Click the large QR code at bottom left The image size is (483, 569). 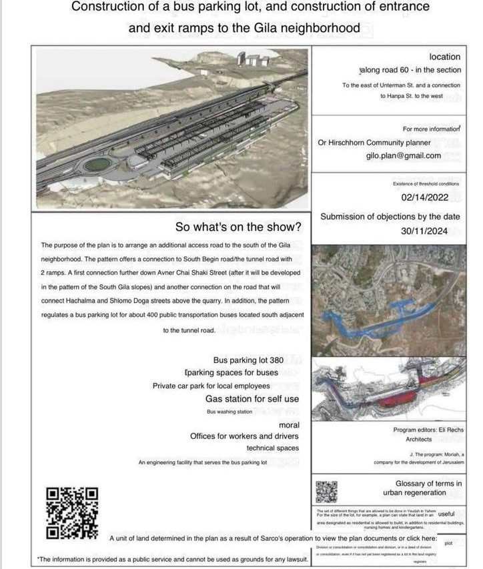[71, 512]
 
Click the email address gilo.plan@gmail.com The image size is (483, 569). [404, 155]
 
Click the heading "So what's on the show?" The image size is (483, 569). [237, 226]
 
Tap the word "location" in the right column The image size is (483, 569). [445, 57]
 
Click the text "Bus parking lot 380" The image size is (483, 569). [249, 360]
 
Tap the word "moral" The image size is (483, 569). [289, 424]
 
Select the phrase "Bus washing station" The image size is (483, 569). [229, 412]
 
